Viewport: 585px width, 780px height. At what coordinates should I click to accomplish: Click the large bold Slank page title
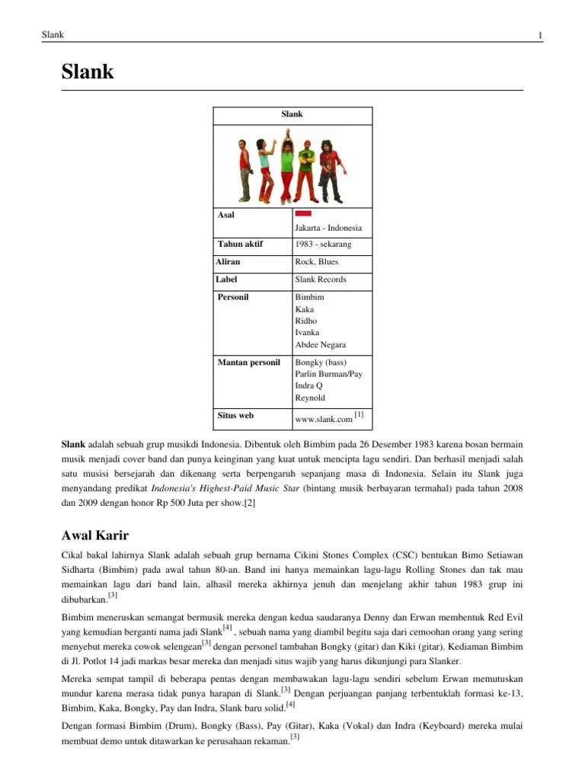point(88,72)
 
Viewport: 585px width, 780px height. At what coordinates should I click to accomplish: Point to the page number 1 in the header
point(539,36)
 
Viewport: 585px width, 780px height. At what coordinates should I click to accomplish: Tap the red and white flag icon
point(303,214)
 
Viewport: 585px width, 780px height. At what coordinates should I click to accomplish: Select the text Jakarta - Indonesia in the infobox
point(328,228)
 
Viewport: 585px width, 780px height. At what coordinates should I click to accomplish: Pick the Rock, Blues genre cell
point(316,262)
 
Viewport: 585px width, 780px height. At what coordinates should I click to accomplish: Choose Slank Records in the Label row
point(320,280)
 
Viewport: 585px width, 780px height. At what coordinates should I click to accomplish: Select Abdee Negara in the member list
point(320,345)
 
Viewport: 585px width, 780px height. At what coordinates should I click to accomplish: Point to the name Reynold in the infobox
point(309,398)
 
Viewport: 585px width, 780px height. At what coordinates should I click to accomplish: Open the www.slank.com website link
point(323,419)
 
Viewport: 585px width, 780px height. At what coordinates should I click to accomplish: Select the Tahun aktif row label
point(241,245)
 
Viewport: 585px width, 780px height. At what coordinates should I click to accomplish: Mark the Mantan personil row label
point(249,363)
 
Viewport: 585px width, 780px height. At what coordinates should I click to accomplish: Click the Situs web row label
point(236,416)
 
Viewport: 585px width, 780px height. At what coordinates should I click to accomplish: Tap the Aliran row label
point(229,262)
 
